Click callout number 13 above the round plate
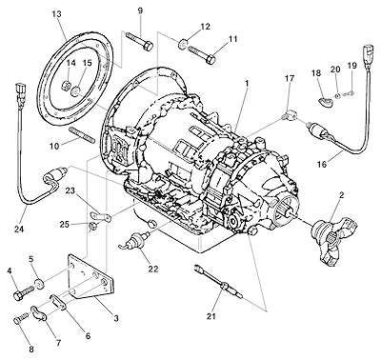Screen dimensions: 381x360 [57, 14]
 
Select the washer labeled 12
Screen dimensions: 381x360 [183, 44]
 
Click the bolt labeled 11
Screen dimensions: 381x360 [202, 54]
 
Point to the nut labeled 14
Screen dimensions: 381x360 [66, 86]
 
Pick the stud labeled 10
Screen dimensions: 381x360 [82, 135]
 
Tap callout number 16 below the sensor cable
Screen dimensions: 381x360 [322, 164]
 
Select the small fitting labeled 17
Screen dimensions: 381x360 [289, 115]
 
